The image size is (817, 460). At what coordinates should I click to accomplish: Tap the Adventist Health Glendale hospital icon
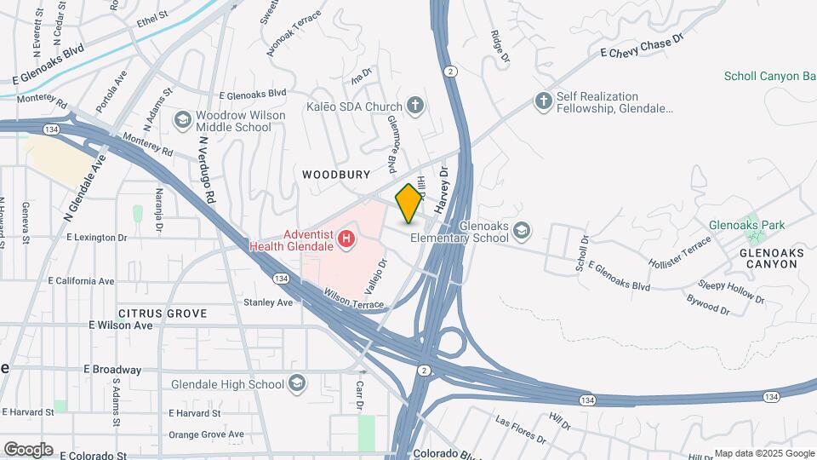[346, 239]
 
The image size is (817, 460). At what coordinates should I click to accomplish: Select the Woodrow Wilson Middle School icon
[182, 120]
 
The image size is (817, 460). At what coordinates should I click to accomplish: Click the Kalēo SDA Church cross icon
[414, 106]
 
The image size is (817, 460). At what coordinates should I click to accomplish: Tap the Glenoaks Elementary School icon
[520, 231]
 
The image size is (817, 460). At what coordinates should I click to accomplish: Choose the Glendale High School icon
[296, 384]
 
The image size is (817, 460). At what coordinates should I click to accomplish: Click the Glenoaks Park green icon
[750, 224]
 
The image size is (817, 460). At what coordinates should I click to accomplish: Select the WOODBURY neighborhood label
[336, 175]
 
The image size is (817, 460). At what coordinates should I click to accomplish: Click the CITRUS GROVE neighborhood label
[163, 313]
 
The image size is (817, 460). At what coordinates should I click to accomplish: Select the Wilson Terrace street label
[354, 298]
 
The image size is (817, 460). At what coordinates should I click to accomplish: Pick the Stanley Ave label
[267, 302]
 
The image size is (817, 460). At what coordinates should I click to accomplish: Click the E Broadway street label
[112, 370]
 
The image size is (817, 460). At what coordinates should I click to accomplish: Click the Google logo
[28, 450]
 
